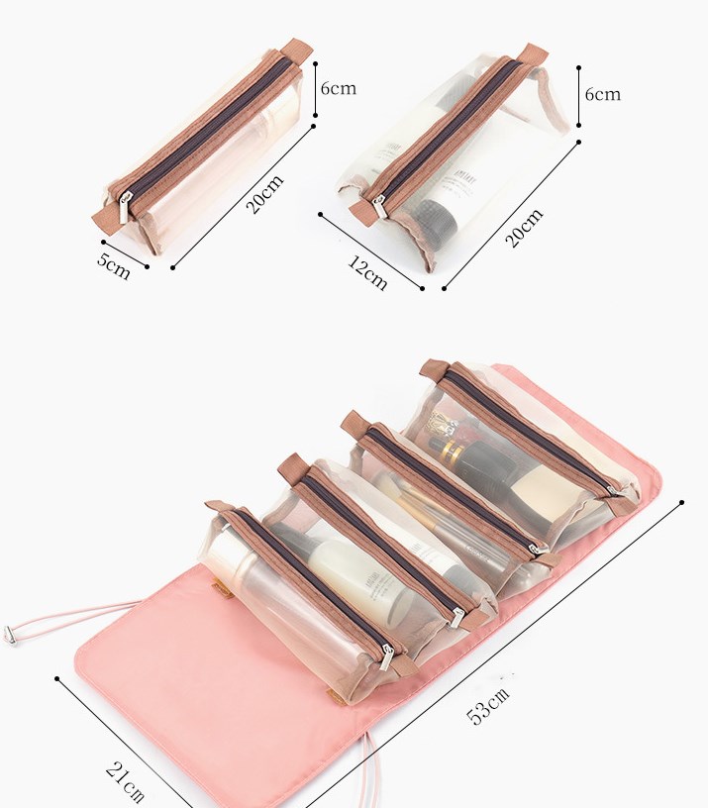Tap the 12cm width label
coord(366,272)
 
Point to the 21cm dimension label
coord(125,782)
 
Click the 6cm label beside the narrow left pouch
coord(338,88)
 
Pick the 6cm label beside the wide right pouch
coord(602,94)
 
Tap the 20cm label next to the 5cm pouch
coord(264,194)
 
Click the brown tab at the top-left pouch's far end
coord(294,48)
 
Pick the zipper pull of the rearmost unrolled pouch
coord(615,491)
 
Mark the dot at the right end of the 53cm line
coord(682,503)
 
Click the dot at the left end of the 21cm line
coord(58,679)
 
